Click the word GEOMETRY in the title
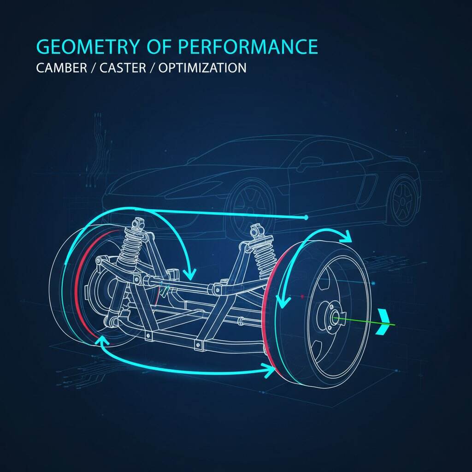pos(88,47)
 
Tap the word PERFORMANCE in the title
pos(248,47)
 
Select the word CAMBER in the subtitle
pos(62,68)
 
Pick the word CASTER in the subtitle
pos(123,68)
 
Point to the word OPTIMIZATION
pos(202,68)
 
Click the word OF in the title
pos(159,47)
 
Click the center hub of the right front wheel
pos(335,318)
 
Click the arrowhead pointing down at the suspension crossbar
pos(190,273)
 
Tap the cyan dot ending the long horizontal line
pos(306,218)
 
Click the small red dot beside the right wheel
pos(302,296)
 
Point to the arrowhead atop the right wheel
pos(346,236)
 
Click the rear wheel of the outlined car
pos(403,201)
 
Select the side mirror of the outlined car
pos(310,163)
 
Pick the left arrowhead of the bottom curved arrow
pos(102,341)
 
